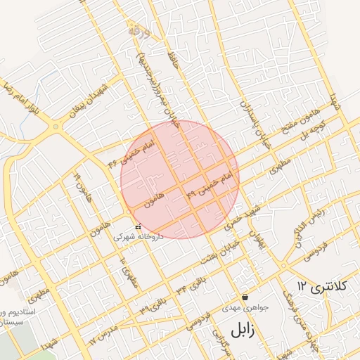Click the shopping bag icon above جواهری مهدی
[x=244, y=297]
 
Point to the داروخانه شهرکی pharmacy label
[x=138, y=237]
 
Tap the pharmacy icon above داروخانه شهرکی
[x=138, y=226]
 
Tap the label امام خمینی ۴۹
[x=210, y=184]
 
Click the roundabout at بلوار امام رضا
[x=55, y=127]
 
